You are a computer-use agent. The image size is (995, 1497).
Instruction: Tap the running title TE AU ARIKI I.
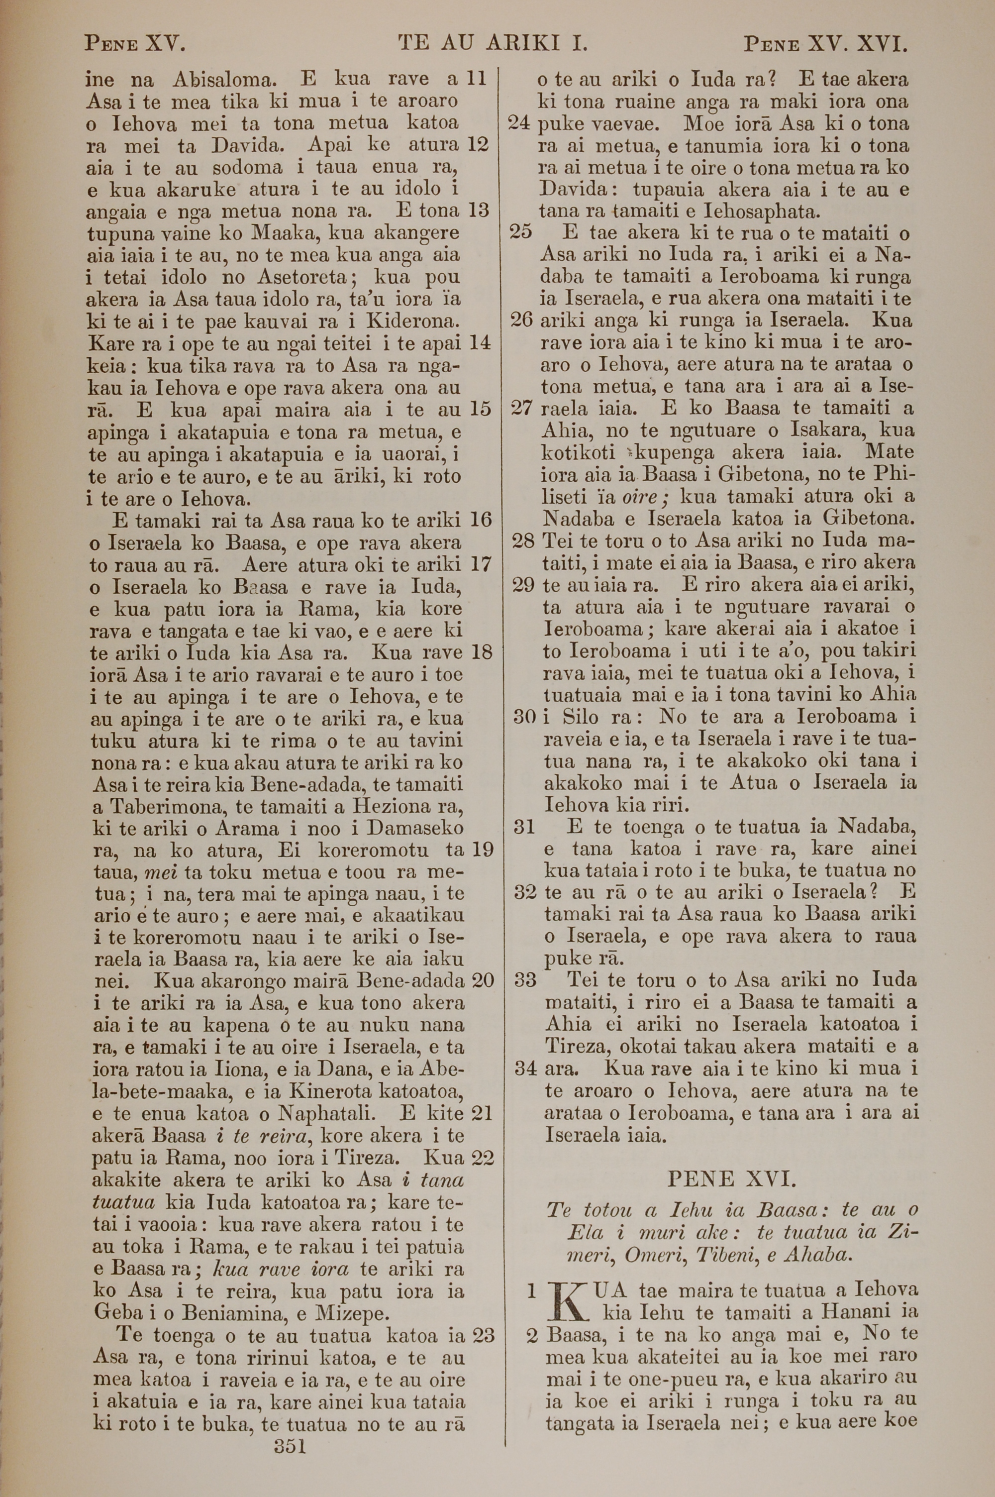[x=493, y=43]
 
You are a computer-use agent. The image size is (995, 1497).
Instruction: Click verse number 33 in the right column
[x=525, y=981]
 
